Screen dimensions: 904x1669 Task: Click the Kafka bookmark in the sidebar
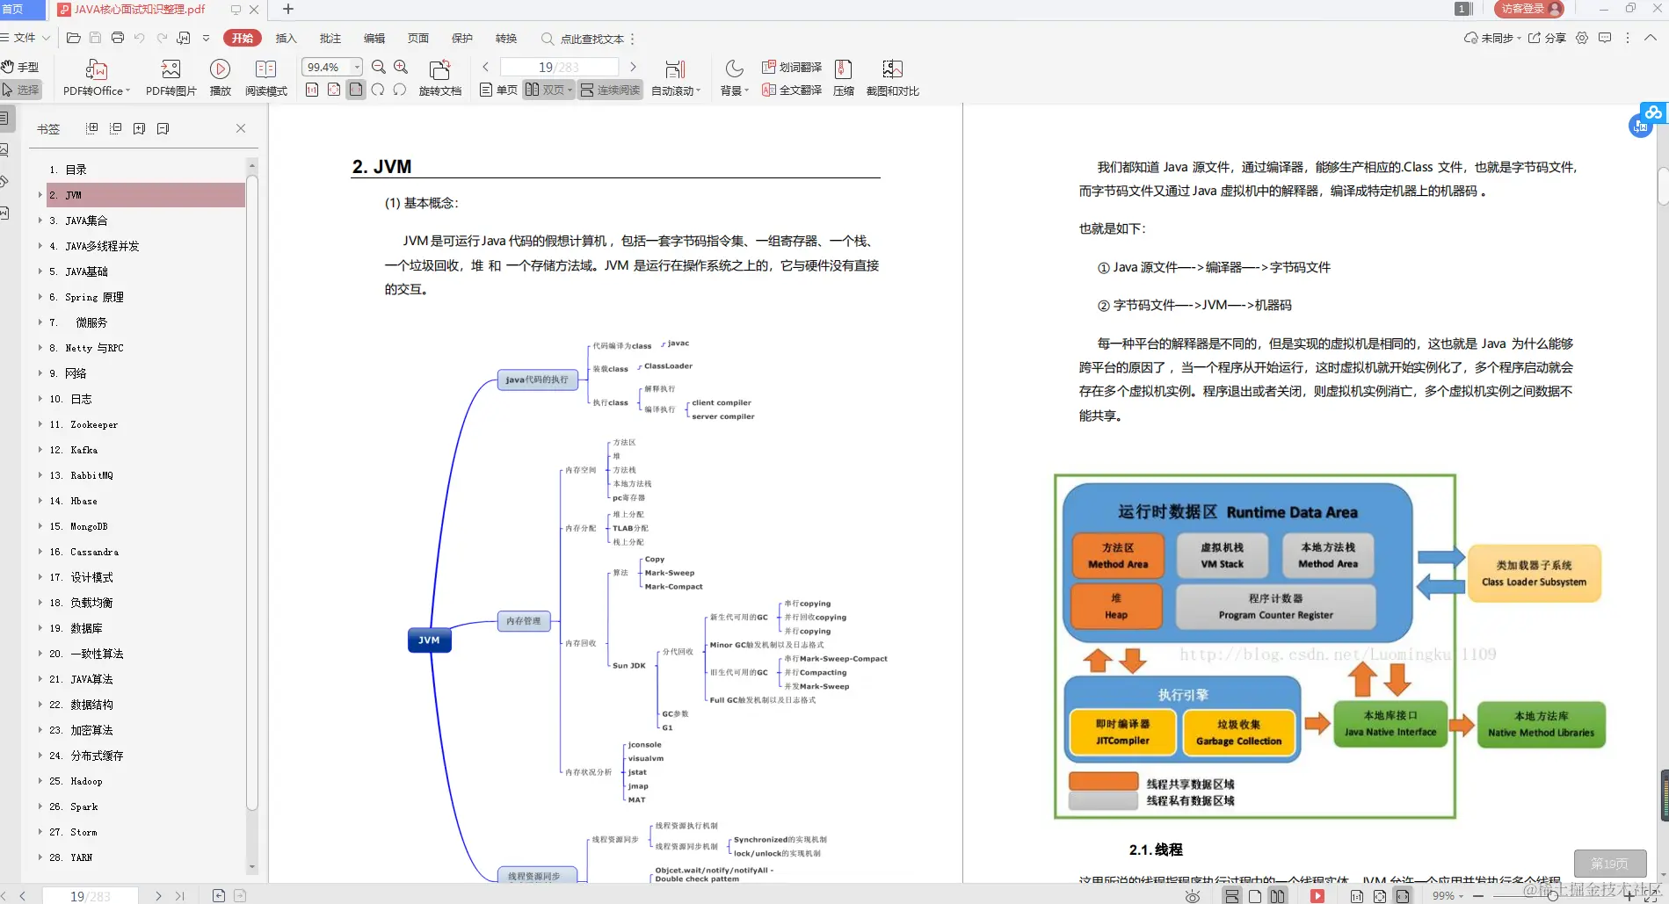coord(83,450)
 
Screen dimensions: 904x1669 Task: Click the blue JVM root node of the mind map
coord(429,640)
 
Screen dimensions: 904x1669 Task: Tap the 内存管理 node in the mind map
coord(523,621)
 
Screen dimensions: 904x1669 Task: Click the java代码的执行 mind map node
coord(537,380)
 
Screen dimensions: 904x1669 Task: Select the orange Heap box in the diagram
coord(1116,606)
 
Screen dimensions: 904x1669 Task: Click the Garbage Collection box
coord(1238,733)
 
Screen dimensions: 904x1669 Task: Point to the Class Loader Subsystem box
coord(1534,573)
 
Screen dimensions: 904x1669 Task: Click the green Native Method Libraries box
coord(1541,724)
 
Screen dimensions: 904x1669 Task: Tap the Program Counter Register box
coord(1275,606)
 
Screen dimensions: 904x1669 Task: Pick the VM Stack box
coord(1222,555)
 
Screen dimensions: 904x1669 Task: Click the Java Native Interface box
coord(1390,724)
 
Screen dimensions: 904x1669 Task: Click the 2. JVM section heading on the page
coord(381,167)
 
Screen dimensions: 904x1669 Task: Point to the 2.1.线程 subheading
coord(1156,850)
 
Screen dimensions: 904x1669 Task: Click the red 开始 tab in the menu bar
coord(243,38)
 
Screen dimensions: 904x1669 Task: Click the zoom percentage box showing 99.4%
coord(324,67)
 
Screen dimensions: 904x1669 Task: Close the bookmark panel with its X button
coord(241,128)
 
